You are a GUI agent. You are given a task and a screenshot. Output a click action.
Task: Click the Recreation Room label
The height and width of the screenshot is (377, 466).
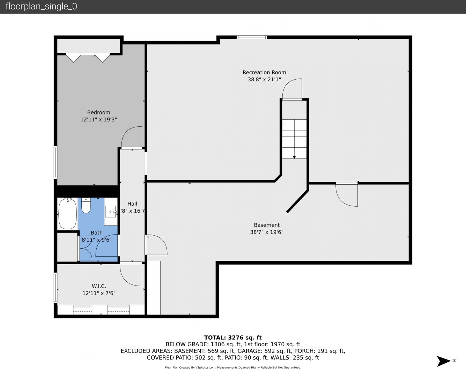264,72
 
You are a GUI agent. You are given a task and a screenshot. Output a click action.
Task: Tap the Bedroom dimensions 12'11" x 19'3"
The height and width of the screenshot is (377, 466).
99,120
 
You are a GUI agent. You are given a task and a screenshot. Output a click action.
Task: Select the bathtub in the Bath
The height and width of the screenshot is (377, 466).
68,214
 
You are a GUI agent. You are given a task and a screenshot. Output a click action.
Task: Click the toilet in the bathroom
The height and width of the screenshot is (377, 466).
86,206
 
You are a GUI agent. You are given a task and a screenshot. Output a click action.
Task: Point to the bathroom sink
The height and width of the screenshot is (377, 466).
111,212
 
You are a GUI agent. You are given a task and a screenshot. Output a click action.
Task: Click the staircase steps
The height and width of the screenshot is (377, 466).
294,139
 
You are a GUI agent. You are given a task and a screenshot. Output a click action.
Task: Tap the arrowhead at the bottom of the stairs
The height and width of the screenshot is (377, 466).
294,157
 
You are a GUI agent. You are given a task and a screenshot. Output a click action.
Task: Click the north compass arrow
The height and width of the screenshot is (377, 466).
444,361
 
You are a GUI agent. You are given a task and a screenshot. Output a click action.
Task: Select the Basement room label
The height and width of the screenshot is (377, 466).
267,225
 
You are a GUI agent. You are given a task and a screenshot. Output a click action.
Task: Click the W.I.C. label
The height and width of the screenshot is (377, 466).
99,286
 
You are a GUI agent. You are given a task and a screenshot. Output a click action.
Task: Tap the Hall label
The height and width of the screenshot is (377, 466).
132,204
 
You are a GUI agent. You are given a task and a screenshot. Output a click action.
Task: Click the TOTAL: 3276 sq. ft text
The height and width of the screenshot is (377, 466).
233,338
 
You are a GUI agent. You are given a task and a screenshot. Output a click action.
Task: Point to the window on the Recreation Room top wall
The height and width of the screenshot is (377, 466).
252,37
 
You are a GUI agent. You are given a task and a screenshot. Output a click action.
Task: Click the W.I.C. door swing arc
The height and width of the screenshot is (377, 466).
127,279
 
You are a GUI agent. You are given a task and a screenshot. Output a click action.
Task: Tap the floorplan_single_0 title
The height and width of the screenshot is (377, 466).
41,7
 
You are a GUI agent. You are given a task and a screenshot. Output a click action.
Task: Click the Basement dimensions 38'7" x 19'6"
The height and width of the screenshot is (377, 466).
267,232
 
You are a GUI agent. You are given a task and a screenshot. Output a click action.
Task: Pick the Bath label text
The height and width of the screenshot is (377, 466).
97,232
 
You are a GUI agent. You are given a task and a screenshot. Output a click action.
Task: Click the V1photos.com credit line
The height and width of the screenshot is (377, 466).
233,368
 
